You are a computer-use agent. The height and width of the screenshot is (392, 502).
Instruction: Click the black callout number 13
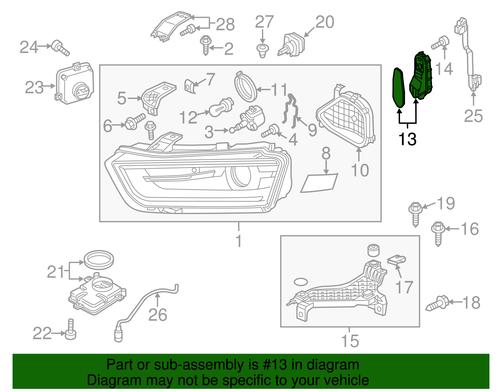(x=407, y=139)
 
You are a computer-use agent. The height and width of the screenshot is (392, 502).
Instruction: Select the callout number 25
(x=473, y=116)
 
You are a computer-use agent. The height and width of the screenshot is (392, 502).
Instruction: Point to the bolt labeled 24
(x=60, y=48)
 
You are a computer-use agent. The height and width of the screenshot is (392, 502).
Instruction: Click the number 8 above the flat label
(x=326, y=153)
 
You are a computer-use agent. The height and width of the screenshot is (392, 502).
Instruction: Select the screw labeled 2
(x=206, y=45)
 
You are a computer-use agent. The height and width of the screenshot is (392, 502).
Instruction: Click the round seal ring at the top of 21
(x=99, y=260)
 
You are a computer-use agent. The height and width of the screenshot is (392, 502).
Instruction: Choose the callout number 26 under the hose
(x=158, y=315)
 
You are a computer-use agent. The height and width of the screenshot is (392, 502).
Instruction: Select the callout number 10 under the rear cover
(x=360, y=170)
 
